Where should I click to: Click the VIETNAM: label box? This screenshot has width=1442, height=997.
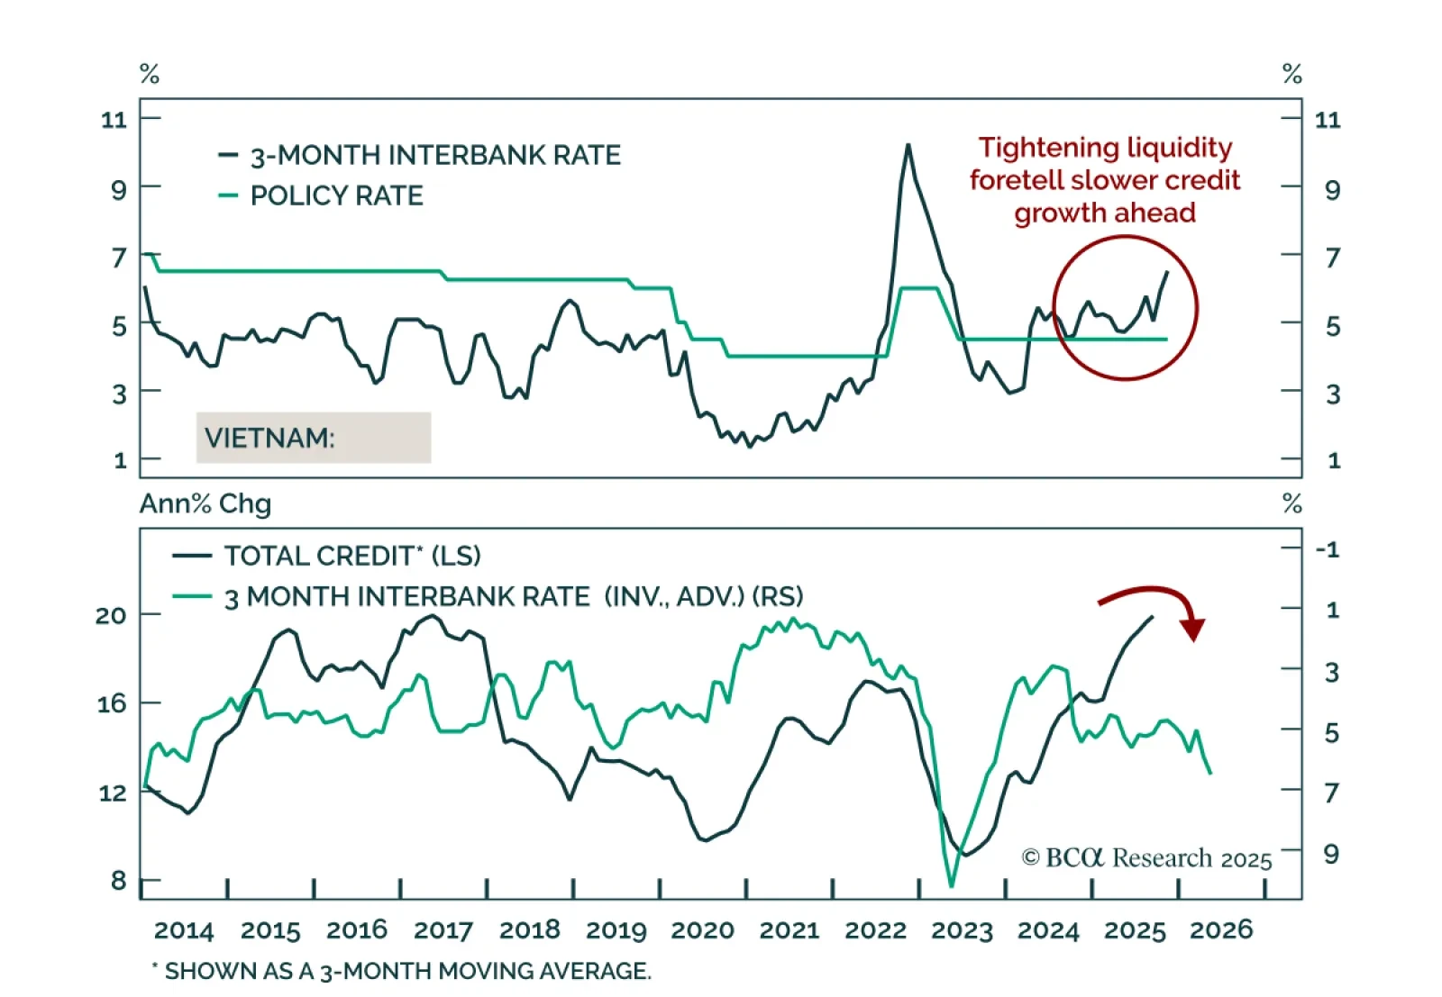tap(313, 438)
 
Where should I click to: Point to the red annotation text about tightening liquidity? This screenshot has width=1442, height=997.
tap(1105, 180)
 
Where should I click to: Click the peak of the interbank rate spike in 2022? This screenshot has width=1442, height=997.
tap(908, 145)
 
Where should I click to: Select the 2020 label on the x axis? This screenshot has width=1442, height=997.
tap(702, 929)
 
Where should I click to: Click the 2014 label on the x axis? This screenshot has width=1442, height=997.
tap(184, 929)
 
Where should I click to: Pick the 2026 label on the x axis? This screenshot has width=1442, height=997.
tap(1221, 929)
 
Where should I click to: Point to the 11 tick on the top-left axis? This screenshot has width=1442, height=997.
tap(114, 119)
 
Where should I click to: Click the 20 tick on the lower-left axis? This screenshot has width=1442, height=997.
tap(111, 615)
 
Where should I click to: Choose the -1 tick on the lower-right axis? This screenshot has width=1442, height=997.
tap(1328, 549)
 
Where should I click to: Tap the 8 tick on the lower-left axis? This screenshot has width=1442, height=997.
tap(118, 880)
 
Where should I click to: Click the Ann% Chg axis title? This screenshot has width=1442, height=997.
tap(205, 503)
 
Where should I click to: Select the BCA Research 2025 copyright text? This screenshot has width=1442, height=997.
tap(1146, 858)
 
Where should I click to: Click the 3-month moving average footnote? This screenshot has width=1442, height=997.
tap(401, 971)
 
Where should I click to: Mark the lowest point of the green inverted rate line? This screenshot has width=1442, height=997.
tap(951, 886)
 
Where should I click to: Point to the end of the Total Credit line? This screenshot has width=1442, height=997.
tap(1153, 617)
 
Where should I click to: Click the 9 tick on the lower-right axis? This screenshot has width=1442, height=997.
tap(1331, 853)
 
